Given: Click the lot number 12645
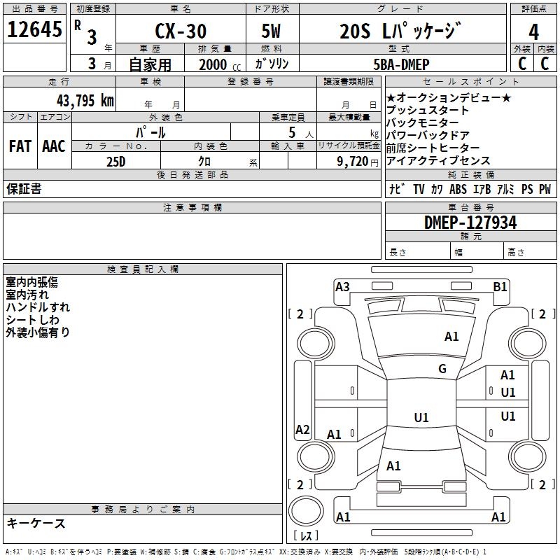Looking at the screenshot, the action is (x=34, y=29).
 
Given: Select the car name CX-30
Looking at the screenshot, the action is (x=181, y=31).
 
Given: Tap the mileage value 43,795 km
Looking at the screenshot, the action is (x=85, y=101).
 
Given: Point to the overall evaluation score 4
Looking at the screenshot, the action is (x=533, y=31).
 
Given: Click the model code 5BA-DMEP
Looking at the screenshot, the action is (x=401, y=64).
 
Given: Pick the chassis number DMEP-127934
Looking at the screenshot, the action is (x=470, y=223).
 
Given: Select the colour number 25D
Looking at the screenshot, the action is (x=116, y=162).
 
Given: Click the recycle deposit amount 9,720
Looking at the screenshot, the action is (x=353, y=162).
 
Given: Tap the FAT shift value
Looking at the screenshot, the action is (x=20, y=146).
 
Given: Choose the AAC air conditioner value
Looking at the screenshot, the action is (x=54, y=146).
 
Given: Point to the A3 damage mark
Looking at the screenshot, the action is (x=342, y=287).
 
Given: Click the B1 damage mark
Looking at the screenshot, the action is (x=500, y=287).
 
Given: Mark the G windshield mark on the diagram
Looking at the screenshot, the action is (x=442, y=369).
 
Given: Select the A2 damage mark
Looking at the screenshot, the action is (x=302, y=429).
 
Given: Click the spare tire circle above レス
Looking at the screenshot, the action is (x=306, y=511).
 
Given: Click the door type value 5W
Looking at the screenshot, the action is (x=271, y=31).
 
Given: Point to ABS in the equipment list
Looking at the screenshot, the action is (x=458, y=189).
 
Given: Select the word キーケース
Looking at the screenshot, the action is (x=36, y=524).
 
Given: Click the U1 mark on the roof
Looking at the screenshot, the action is (x=421, y=417).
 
